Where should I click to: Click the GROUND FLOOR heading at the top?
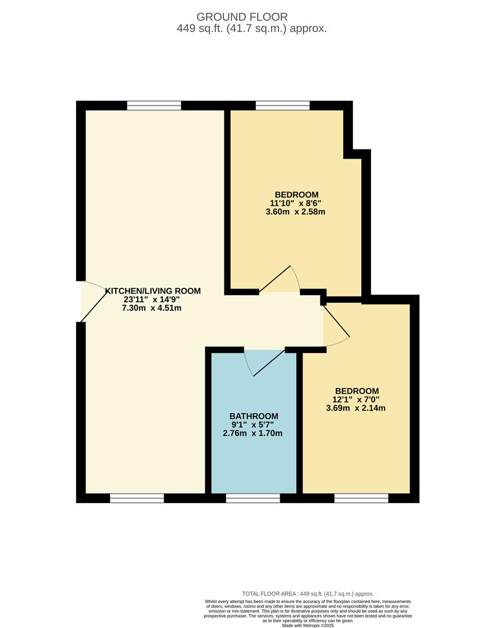(x=242, y=17)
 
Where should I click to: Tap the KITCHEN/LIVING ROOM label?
(x=152, y=291)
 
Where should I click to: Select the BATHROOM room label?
(x=254, y=416)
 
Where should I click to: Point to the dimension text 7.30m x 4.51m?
(x=151, y=308)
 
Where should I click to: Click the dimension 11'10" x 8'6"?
(x=295, y=203)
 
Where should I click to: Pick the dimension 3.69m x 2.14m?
(x=356, y=408)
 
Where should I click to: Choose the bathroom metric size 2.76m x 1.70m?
(x=254, y=433)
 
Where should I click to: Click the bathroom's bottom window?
(x=253, y=498)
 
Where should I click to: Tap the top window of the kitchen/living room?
(x=154, y=105)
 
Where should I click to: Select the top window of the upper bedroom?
(x=283, y=105)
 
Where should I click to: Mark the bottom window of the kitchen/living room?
(x=137, y=498)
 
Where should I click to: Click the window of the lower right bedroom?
(x=361, y=498)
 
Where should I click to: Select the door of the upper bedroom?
(x=280, y=279)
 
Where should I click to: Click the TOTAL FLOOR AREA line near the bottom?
(x=308, y=594)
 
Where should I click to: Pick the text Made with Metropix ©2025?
(x=308, y=626)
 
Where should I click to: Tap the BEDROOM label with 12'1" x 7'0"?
(x=357, y=391)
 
